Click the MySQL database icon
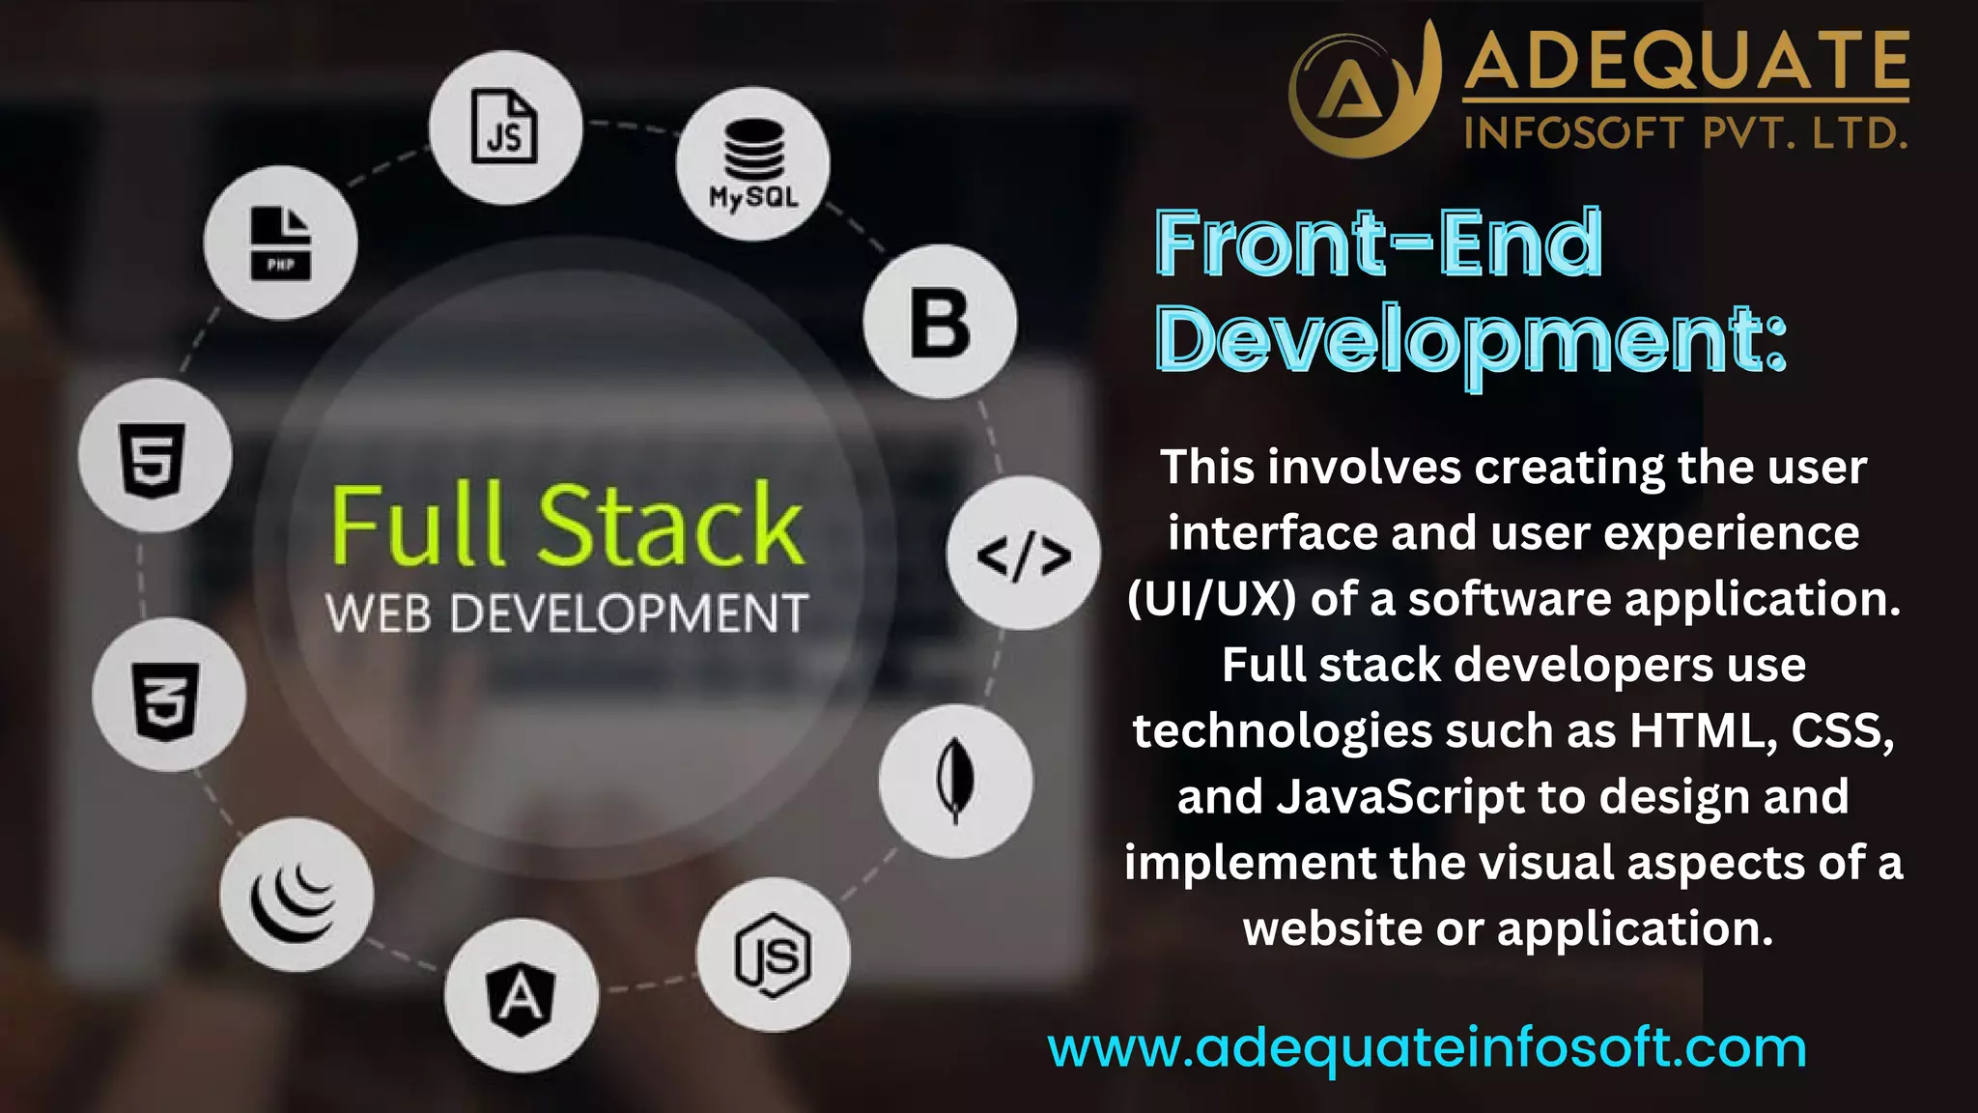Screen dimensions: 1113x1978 coord(753,163)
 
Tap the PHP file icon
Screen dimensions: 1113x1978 coord(281,243)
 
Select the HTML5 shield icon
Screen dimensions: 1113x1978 coord(154,456)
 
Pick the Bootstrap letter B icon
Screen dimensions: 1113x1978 coord(940,323)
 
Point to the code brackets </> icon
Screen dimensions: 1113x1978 coord(1024,555)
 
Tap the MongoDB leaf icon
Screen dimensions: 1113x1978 coord(955,781)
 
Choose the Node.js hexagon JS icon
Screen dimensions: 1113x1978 coord(773,956)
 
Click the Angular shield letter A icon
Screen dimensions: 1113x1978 coord(522,997)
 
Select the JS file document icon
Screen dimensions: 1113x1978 coord(505,128)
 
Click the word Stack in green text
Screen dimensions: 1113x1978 coord(670,526)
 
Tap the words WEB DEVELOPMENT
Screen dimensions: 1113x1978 coord(567,614)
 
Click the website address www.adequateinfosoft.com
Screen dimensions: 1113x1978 coord(1427,1047)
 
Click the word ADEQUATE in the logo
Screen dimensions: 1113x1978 coord(1686,61)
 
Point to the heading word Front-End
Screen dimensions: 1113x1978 coord(1378,244)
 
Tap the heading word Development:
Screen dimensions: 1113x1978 coord(1471,341)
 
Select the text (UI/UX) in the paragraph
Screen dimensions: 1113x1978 coord(1211,600)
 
